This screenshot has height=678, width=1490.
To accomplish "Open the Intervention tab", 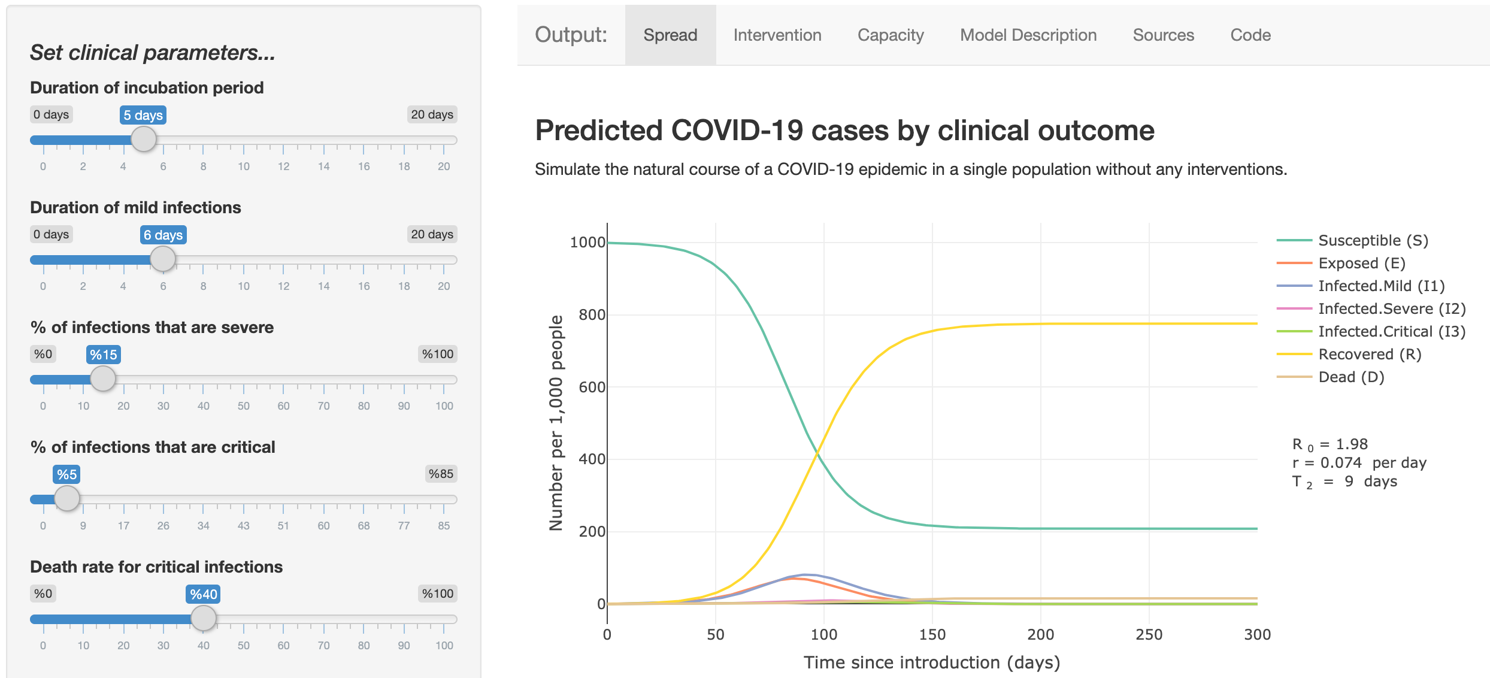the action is click(x=777, y=35).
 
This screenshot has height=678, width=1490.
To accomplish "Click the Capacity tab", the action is click(x=891, y=35).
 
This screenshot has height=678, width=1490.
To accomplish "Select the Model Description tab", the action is click(x=1028, y=35).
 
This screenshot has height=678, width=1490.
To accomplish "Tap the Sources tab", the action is click(x=1163, y=35).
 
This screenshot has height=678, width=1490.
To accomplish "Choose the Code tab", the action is click(x=1250, y=35).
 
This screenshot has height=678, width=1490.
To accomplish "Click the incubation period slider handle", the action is click(x=144, y=140).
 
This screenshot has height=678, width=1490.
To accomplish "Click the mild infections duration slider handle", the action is click(x=163, y=259).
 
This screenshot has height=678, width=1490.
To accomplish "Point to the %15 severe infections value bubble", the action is click(x=104, y=355).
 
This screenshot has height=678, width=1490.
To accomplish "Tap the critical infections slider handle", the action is click(x=67, y=498).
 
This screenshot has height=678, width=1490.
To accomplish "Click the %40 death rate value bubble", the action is click(x=203, y=594).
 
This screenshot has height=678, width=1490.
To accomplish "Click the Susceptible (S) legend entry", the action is click(x=1352, y=240).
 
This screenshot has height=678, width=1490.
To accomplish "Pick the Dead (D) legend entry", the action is click(x=1330, y=377).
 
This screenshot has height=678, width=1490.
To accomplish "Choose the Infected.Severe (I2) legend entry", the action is click(x=1371, y=308).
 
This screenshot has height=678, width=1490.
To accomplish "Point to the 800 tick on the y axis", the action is click(x=592, y=314).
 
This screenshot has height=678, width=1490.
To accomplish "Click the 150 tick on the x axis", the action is click(x=932, y=634).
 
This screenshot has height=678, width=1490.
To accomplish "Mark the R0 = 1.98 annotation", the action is click(x=1330, y=445).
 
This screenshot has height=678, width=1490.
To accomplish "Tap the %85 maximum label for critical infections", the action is click(x=441, y=474).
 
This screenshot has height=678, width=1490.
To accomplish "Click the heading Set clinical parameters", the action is click(x=153, y=53).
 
